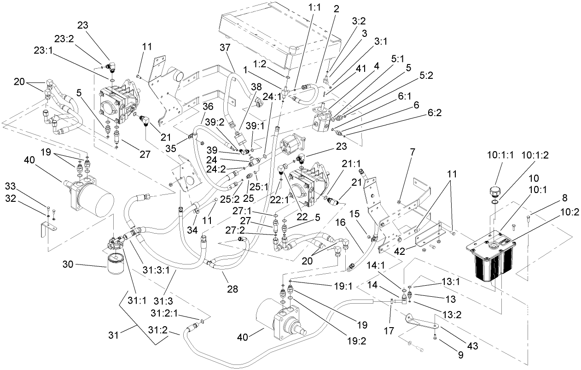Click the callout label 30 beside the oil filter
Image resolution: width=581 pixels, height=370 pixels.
pos(69,265)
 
